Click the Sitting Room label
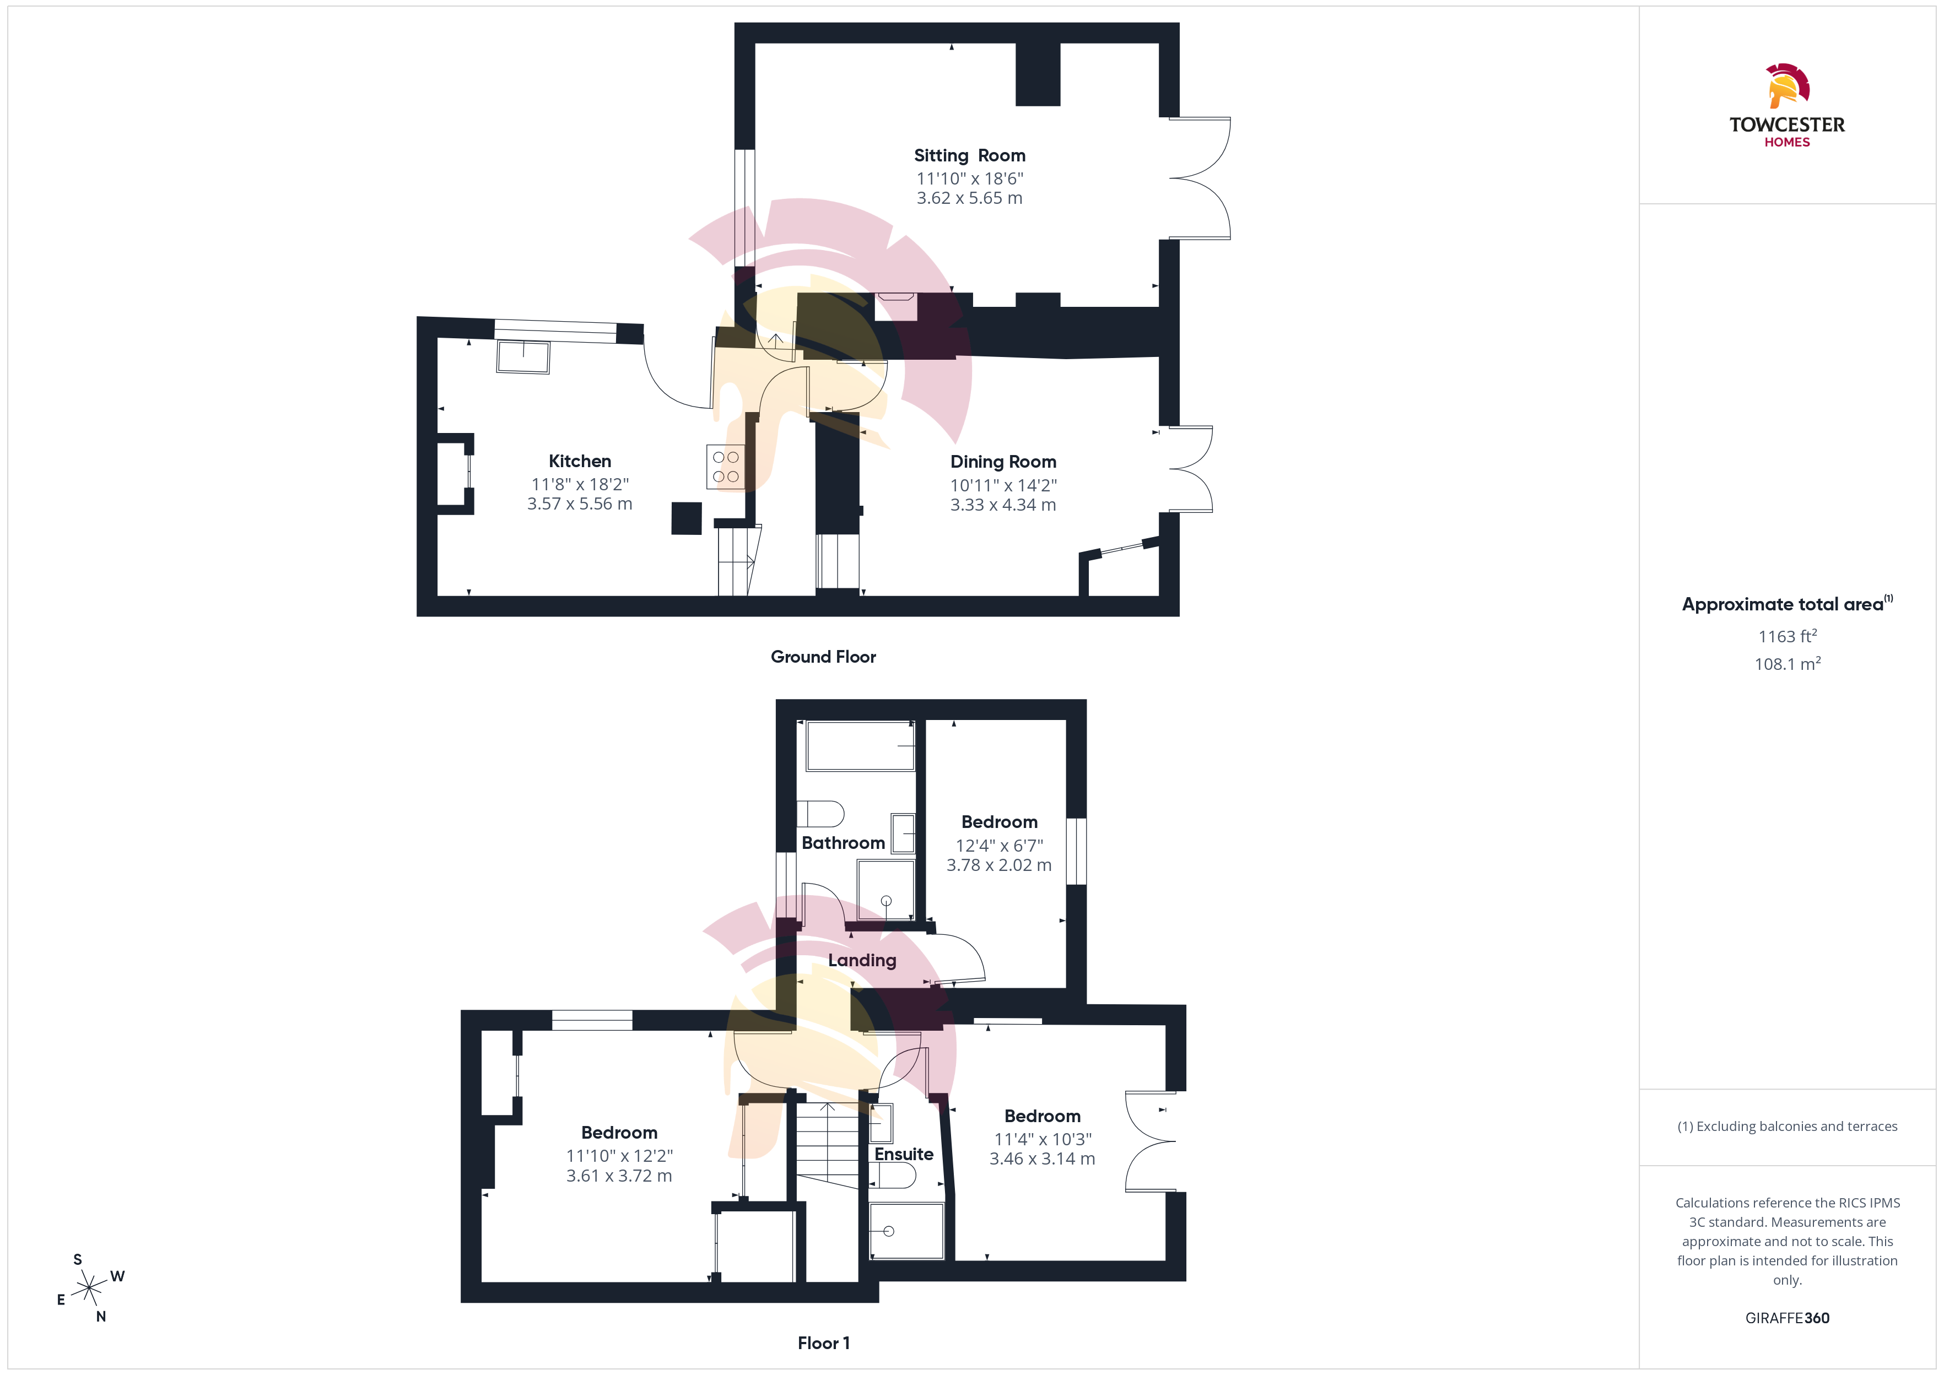(x=969, y=156)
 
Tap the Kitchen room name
(x=580, y=462)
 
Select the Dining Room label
(x=1003, y=462)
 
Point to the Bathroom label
(x=843, y=843)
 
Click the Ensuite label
(x=904, y=1155)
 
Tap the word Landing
(x=862, y=961)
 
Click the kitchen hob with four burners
(x=726, y=467)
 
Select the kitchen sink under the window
(x=523, y=356)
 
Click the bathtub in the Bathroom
(x=860, y=746)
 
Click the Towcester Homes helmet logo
(x=1788, y=85)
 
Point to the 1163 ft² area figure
(x=1788, y=636)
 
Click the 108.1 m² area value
(x=1788, y=664)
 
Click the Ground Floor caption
(x=823, y=657)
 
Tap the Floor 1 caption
(x=823, y=1344)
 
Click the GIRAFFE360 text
(x=1788, y=1318)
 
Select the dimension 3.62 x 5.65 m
(x=969, y=198)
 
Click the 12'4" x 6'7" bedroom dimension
(x=999, y=846)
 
